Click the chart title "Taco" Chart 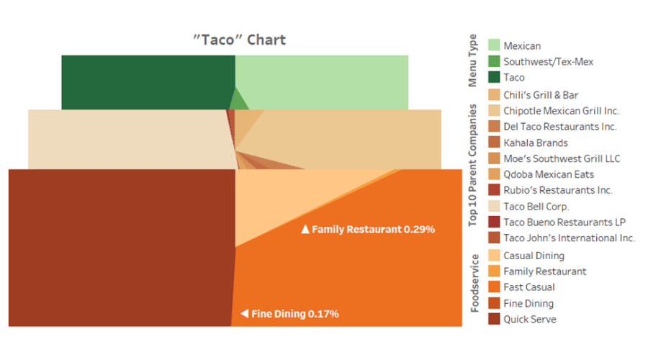(239, 40)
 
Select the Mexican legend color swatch (494, 45)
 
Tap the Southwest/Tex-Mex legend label (549, 62)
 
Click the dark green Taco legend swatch (494, 77)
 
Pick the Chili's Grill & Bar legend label (541, 95)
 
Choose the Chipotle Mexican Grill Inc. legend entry (554, 111)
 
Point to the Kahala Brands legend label (536, 143)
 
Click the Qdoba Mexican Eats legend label (549, 174)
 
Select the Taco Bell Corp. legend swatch (494, 206)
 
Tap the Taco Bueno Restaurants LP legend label (564, 222)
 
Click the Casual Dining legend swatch (494, 255)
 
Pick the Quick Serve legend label (530, 319)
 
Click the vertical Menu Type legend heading (472, 60)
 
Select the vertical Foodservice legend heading (474, 283)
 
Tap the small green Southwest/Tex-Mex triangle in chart (238, 100)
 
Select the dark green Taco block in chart (148, 82)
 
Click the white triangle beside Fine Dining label (245, 314)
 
